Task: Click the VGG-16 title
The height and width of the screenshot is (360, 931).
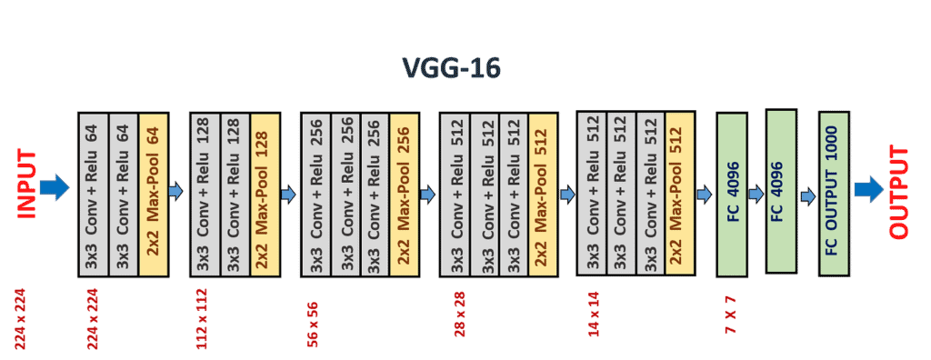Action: [452, 68]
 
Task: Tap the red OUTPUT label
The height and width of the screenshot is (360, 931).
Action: [898, 192]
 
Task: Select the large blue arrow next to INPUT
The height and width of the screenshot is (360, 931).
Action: [55, 188]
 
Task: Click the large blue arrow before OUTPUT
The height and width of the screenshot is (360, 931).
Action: [869, 189]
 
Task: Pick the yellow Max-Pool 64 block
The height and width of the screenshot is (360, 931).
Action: [153, 195]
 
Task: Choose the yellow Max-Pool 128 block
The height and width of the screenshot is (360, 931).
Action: [264, 195]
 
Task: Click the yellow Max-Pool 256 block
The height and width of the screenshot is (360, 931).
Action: [404, 195]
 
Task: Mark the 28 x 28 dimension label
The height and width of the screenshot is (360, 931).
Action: [459, 314]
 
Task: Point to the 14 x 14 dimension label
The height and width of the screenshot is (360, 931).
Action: [595, 314]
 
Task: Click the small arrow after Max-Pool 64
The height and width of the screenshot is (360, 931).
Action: [175, 191]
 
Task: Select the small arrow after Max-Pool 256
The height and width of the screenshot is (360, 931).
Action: [427, 193]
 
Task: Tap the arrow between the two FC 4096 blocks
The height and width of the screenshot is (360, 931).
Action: [755, 193]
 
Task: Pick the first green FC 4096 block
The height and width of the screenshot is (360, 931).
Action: [732, 195]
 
